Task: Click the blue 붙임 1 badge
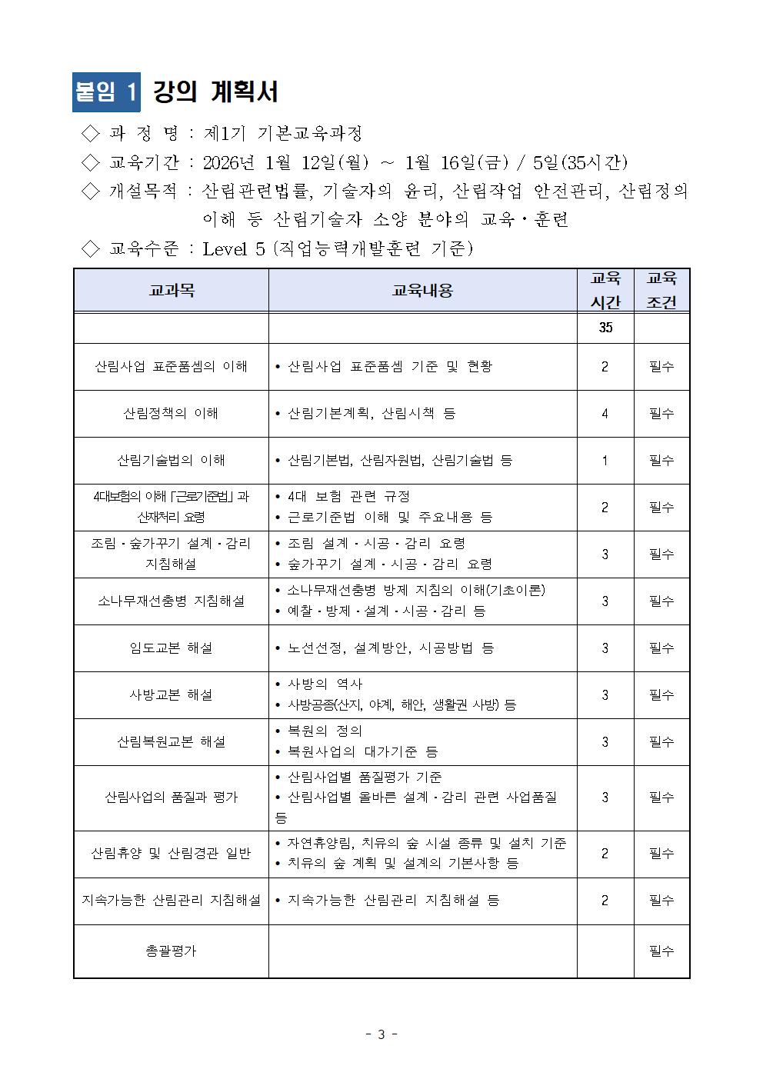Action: click(x=107, y=92)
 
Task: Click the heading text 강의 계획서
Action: click(x=215, y=92)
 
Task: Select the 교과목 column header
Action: click(x=171, y=290)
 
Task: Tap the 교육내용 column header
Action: click(x=422, y=290)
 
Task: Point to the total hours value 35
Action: click(x=605, y=328)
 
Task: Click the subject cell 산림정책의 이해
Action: click(x=171, y=414)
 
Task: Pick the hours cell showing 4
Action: click(x=605, y=414)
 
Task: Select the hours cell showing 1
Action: click(x=605, y=461)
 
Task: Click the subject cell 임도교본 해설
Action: click(x=171, y=648)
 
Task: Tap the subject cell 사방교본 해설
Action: click(x=171, y=695)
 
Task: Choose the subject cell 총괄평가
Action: click(x=171, y=951)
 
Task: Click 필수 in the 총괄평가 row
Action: click(x=661, y=951)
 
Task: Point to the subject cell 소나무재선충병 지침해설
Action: click(x=171, y=601)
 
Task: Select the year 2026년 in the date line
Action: click(x=229, y=162)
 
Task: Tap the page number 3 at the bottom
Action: click(x=381, y=1034)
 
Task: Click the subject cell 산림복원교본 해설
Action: click(x=171, y=742)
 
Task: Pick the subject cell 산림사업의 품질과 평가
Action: click(x=171, y=798)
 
